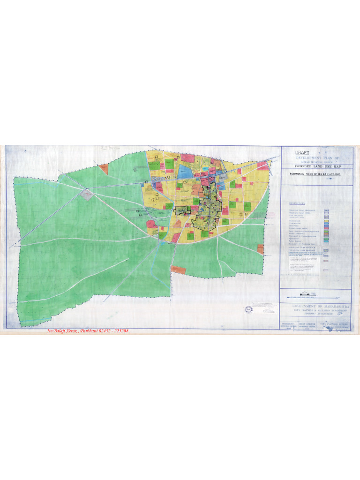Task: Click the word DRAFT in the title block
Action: coord(303,152)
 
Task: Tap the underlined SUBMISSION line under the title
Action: coord(317,173)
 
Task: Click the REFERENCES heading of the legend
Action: coord(297,204)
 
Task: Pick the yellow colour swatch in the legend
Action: coord(327,220)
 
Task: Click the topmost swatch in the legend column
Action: coord(327,211)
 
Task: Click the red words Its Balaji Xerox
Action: coord(62,331)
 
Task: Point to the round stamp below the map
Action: coord(248,310)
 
